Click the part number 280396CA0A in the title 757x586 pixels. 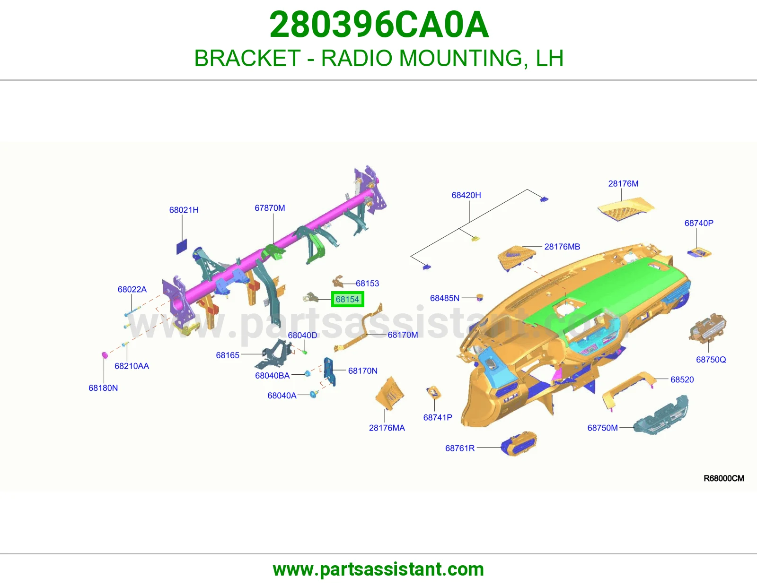coord(379,25)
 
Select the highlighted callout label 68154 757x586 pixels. coord(347,299)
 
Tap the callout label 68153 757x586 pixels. coord(367,283)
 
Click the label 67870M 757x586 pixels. coord(270,208)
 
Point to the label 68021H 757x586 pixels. coord(184,210)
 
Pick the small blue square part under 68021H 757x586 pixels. coord(182,247)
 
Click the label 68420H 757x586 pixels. coord(466,195)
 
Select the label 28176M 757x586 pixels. coord(623,183)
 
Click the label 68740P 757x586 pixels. coord(699,223)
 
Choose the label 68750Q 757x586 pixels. coord(711,360)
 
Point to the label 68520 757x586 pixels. coord(682,379)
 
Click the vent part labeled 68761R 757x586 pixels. coord(519,444)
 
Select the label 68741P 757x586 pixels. coord(438,417)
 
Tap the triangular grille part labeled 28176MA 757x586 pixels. coord(390,394)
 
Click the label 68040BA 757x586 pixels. coord(273,376)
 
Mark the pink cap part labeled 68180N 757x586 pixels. coord(104,355)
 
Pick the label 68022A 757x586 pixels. coord(132,289)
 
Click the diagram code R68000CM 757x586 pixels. coord(724,478)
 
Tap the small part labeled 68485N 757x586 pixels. coord(480,298)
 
